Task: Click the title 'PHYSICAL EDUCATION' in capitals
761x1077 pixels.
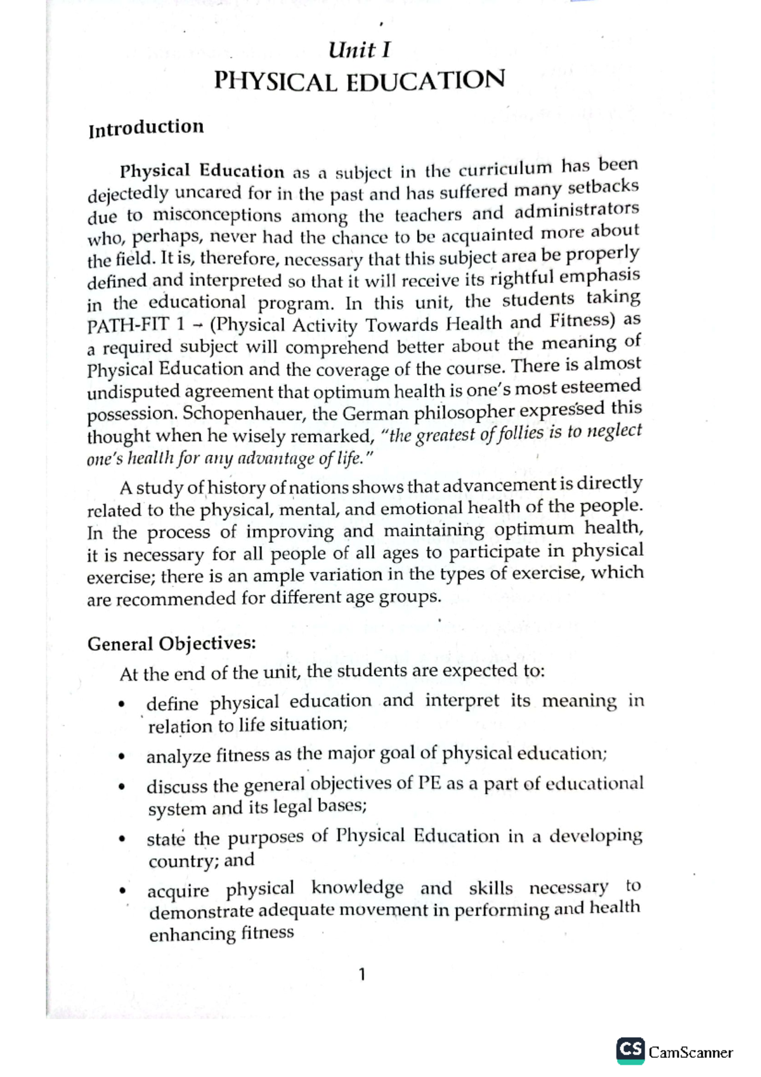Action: coord(359,81)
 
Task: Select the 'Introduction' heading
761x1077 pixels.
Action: coord(146,128)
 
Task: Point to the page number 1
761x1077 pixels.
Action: coord(361,974)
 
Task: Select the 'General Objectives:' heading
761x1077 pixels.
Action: coord(171,644)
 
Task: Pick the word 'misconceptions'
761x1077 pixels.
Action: coord(216,216)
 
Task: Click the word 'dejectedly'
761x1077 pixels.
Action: coord(127,193)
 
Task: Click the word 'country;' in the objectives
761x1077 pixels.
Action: coord(183,862)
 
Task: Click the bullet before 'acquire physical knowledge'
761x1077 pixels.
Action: coord(122,892)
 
